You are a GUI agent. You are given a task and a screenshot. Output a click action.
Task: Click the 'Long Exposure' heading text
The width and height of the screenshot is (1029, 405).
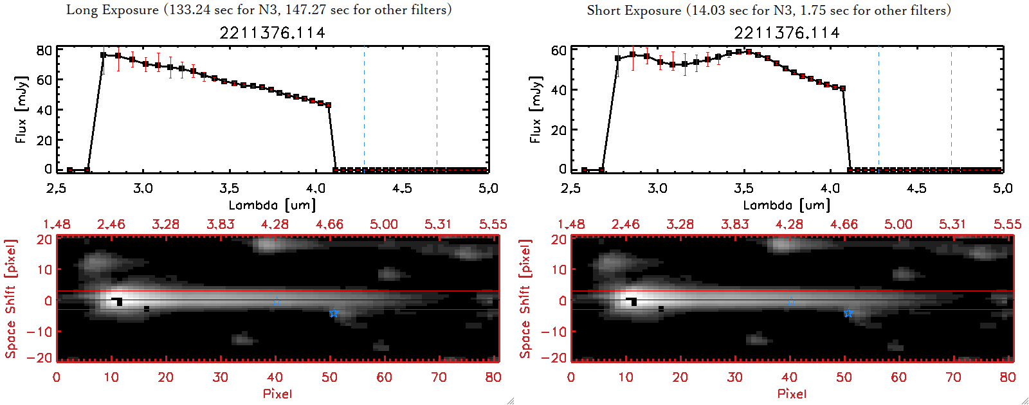pos(113,10)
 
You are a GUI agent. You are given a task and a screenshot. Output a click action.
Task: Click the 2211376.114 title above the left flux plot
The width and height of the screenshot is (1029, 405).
pos(272,33)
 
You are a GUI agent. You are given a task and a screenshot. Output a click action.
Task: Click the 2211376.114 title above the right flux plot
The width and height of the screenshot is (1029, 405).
pos(787,33)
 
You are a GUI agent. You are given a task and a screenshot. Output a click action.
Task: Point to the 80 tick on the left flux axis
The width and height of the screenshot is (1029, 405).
pos(44,51)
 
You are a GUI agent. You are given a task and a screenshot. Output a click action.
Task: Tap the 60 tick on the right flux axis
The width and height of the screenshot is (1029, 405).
pos(558,51)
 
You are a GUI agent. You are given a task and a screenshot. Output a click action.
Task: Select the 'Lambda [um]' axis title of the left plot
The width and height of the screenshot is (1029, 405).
pos(272,205)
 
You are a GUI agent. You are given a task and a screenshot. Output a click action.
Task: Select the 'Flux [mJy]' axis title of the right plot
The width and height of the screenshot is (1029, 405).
pos(535,109)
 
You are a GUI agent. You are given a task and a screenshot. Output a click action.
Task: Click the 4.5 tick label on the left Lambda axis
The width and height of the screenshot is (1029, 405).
pos(402,188)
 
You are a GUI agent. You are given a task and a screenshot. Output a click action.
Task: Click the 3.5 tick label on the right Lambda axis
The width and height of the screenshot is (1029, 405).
pos(743,188)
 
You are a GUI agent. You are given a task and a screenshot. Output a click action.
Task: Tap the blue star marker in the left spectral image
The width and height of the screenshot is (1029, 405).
pos(333,313)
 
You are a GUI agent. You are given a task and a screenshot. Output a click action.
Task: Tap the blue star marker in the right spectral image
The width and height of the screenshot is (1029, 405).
pos(848,313)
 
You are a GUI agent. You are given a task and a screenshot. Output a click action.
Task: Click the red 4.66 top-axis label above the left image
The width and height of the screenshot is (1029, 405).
pos(329,224)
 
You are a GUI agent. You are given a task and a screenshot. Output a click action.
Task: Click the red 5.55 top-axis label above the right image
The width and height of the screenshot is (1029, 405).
pos(1007,224)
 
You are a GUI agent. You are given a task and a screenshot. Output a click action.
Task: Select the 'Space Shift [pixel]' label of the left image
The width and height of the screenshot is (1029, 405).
pos(10,299)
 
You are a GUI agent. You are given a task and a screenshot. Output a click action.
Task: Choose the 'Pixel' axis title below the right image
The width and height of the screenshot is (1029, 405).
pos(792,393)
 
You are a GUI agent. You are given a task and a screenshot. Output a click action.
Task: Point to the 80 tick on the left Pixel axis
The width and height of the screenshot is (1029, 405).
pos(493,377)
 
